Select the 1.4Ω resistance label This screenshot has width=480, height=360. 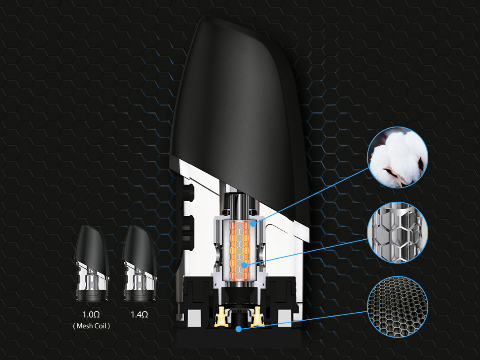point(139,315)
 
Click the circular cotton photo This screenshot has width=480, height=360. point(398,158)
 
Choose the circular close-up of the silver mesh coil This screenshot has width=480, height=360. point(398,233)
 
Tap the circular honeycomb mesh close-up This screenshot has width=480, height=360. point(398,306)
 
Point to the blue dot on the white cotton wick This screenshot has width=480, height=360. point(253,224)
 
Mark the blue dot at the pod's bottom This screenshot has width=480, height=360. point(239,329)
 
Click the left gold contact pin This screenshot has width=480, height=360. point(219,317)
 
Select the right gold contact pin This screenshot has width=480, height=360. point(256,317)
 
